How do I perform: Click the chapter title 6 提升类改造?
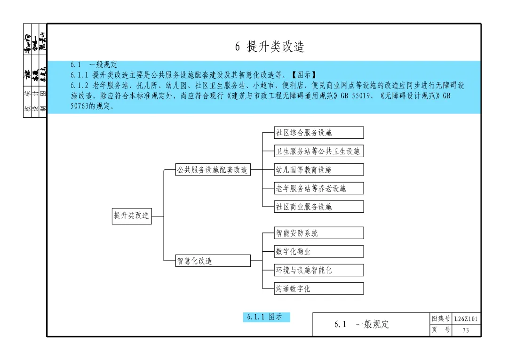point(270,46)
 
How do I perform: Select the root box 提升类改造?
point(132,216)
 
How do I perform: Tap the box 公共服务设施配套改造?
point(213,170)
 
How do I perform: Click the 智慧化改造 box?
point(213,261)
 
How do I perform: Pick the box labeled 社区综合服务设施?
point(318,133)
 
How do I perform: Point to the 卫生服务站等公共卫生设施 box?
point(318,151)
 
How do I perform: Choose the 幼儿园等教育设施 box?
point(318,170)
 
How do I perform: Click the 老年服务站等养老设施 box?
point(318,188)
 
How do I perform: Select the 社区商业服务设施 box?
point(318,207)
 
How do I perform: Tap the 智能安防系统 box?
point(318,233)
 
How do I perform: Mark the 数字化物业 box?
point(318,252)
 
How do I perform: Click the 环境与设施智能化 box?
point(318,270)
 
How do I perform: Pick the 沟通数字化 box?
point(318,288)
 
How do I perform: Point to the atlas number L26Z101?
point(466,319)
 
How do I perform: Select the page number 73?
point(466,330)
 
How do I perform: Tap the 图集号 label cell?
point(441,319)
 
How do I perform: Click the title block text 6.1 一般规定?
point(362,324)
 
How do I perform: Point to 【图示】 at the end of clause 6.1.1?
point(302,75)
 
